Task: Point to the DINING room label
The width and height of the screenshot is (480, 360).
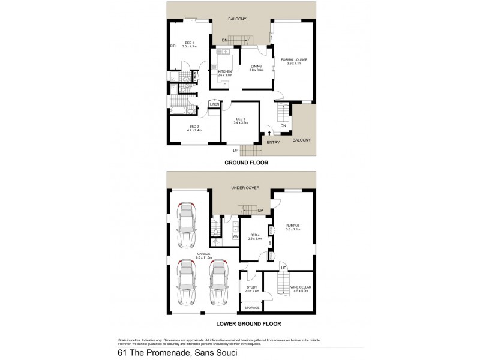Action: [257, 68]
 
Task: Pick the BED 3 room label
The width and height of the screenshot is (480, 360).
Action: [242, 120]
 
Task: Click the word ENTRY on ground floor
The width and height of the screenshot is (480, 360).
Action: [273, 142]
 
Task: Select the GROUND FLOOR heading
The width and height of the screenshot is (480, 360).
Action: [246, 163]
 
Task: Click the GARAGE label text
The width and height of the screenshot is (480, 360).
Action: [203, 256]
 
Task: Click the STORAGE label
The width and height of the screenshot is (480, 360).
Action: [252, 308]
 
